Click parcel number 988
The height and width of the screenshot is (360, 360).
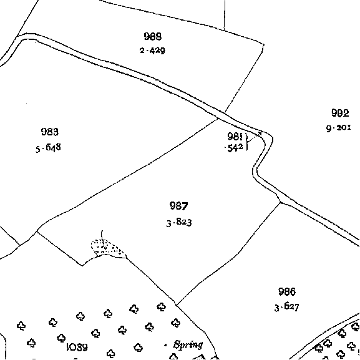[153, 37]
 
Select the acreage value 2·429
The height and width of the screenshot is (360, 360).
[152, 51]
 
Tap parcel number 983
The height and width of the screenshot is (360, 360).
[50, 132]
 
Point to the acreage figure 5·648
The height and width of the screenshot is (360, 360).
[48, 148]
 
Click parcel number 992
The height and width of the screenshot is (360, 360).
[340, 113]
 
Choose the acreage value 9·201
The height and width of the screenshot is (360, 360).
[339, 128]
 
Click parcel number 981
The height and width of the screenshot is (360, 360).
[235, 137]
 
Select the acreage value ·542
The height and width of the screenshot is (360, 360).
[234, 148]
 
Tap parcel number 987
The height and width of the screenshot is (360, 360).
[179, 206]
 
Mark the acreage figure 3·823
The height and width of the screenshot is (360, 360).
[179, 223]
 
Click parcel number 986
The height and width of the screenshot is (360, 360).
[287, 291]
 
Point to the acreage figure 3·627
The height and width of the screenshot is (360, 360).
[287, 307]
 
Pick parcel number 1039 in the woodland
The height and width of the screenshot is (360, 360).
[77, 347]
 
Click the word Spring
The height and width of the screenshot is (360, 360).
[188, 345]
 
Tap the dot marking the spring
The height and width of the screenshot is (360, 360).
[165, 345]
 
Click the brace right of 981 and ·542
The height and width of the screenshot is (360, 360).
[246, 142]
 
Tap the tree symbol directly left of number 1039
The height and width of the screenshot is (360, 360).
[61, 338]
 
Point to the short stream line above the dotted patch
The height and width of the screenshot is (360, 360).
[102, 235]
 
